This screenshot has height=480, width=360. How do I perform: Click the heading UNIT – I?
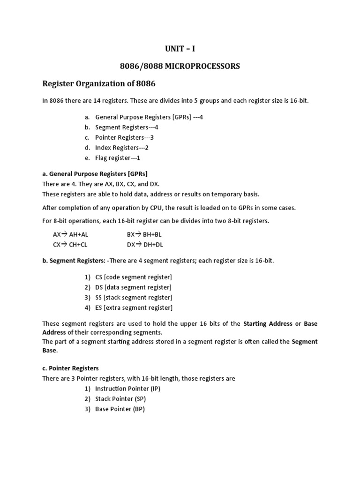180,49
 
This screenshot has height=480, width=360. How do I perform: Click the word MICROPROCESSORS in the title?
202,67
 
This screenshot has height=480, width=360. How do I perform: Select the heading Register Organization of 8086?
98,84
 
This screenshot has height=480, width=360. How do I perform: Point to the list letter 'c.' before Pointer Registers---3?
87,137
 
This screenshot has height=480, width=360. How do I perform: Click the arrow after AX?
65,234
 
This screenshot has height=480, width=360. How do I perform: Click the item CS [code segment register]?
133,277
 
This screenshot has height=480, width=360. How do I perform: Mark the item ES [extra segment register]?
134,308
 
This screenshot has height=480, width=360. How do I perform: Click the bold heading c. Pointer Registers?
70,368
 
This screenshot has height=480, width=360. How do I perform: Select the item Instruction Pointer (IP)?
127,389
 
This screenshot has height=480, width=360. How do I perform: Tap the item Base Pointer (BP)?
120,409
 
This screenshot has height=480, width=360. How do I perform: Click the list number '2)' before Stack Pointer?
87,399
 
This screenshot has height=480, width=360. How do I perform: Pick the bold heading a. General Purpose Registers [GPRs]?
95,174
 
